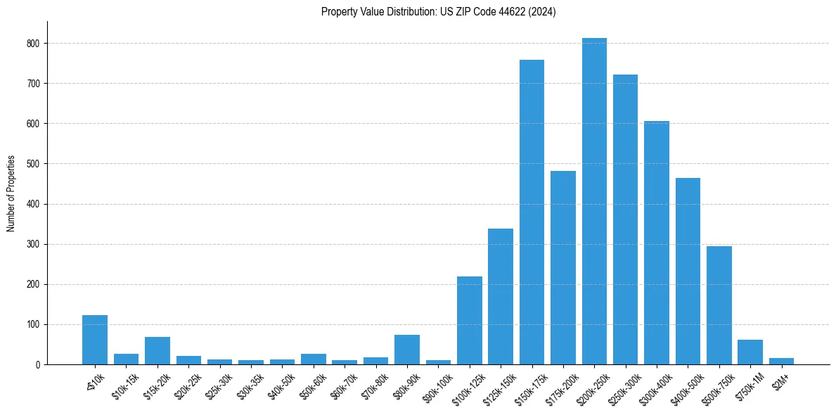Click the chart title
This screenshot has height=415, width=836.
click(438, 12)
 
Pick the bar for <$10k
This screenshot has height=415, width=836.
click(95, 340)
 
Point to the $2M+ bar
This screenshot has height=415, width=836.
click(781, 362)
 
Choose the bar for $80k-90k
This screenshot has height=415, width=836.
click(407, 350)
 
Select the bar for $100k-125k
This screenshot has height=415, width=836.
click(470, 321)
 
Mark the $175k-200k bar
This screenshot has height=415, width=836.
click(563, 268)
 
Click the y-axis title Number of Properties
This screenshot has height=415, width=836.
click(11, 193)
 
